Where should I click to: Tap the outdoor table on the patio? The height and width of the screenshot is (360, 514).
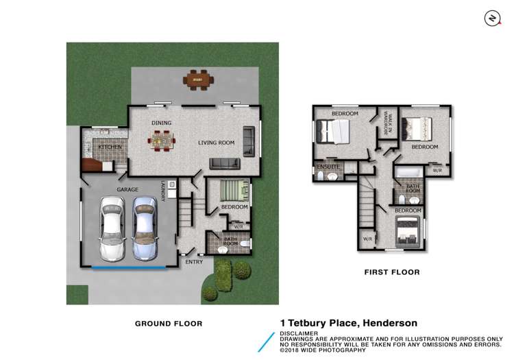pyautogui.click(x=198, y=80)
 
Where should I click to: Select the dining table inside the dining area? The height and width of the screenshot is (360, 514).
pyautogui.click(x=162, y=142)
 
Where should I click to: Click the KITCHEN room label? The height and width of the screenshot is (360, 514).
pyautogui.click(x=110, y=147)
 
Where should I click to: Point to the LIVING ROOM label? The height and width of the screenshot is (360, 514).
pyautogui.click(x=217, y=143)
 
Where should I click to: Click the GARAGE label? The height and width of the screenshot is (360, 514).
pyautogui.click(x=127, y=189)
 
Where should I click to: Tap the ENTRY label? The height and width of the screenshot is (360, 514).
pyautogui.click(x=194, y=261)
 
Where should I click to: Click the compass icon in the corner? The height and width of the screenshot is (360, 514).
pyautogui.click(x=491, y=19)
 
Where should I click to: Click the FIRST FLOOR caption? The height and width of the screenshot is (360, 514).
pyautogui.click(x=392, y=272)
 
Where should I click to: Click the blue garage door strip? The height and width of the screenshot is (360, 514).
pyautogui.click(x=129, y=267)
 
